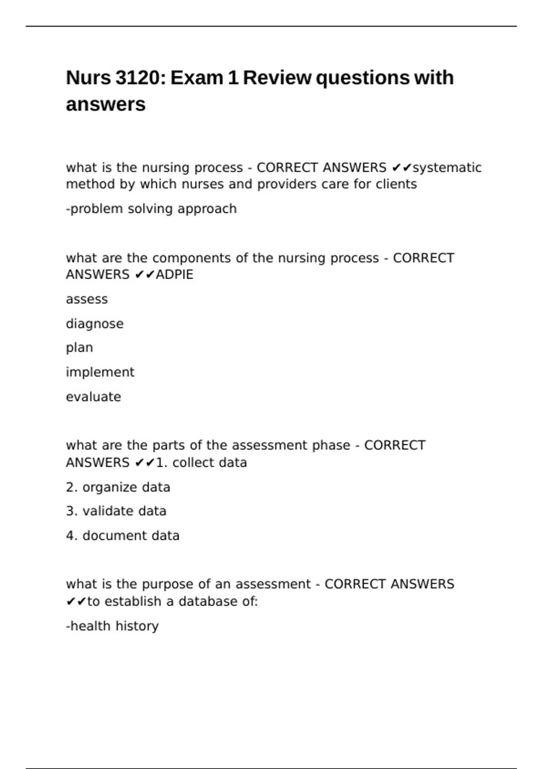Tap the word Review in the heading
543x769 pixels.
(x=277, y=78)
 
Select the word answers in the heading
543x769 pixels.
(x=105, y=104)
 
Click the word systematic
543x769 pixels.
(x=447, y=168)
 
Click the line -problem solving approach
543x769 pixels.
(x=151, y=209)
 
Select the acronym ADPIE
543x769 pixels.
(x=174, y=275)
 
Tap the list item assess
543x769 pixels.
(x=87, y=299)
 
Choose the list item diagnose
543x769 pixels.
(x=95, y=324)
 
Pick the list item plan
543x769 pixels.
(x=79, y=348)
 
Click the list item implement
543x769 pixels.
(x=100, y=372)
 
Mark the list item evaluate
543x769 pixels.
(x=93, y=397)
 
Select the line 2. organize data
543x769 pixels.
(x=118, y=487)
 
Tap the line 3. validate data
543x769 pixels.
(x=116, y=511)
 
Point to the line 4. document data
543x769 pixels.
(x=122, y=536)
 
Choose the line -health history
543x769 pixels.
(x=112, y=626)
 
